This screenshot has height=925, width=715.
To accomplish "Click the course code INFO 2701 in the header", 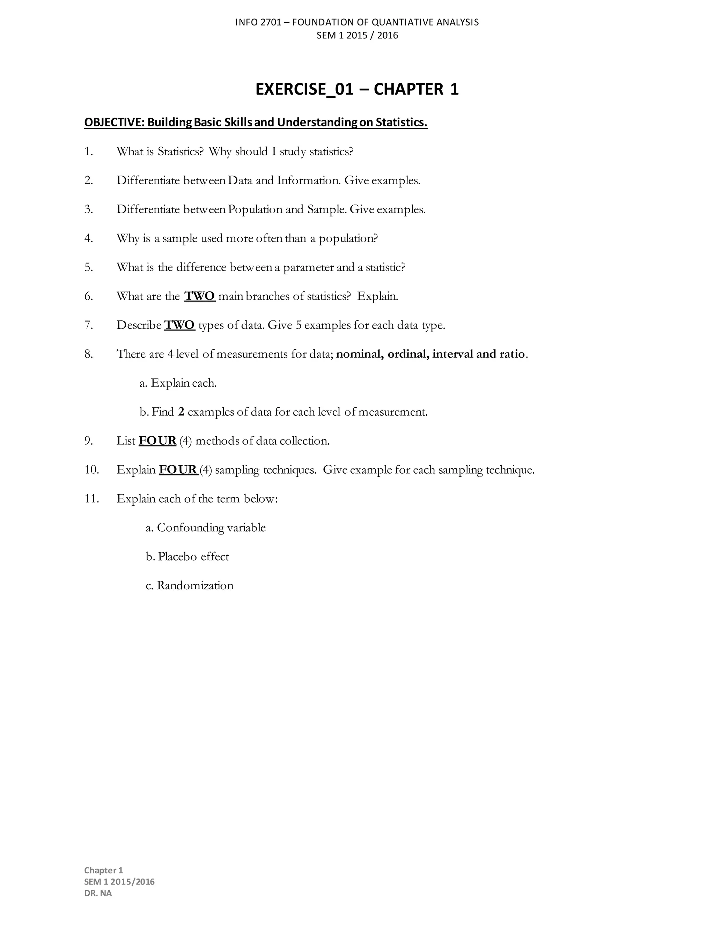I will (x=258, y=22).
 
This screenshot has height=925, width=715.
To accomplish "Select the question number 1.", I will (x=88, y=151).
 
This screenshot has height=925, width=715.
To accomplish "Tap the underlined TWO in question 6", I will (x=200, y=296).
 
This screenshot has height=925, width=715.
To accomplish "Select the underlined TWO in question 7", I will (x=179, y=325).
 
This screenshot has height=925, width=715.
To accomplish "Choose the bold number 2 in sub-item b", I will (x=181, y=412).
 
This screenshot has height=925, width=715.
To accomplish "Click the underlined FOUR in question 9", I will (x=157, y=441).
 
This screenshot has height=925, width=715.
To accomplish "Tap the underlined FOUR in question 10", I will (x=178, y=470).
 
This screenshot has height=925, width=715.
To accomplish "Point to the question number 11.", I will (x=91, y=499).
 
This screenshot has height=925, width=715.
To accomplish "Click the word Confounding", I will (x=191, y=528).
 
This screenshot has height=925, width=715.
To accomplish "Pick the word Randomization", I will (x=195, y=585).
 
